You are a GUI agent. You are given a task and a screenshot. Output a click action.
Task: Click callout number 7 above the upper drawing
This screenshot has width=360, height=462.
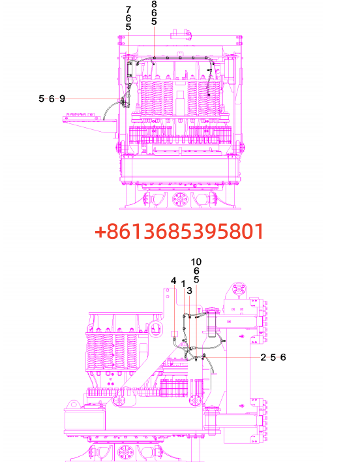tap(128, 10)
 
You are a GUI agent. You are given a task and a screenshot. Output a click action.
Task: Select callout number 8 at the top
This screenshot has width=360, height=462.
tap(154, 4)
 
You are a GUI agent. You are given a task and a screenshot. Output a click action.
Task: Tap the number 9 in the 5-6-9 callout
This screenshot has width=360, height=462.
tap(62, 99)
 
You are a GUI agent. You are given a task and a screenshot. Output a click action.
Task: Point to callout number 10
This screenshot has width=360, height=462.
tap(196, 262)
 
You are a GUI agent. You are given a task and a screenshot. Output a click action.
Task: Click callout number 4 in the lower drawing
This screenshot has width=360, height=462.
tap(173, 281)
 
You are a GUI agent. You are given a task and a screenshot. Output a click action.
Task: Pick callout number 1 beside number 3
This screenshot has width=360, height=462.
tap(183, 284)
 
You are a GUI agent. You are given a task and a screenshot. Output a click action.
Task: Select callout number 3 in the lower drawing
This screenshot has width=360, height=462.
tap(189, 290)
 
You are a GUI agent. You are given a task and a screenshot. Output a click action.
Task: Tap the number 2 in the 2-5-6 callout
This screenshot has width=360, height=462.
tap(263, 357)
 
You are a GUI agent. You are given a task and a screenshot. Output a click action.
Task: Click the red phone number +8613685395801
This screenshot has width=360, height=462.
tap(179, 231)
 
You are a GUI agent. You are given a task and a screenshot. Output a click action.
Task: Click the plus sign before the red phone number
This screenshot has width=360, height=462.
tap(100, 232)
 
